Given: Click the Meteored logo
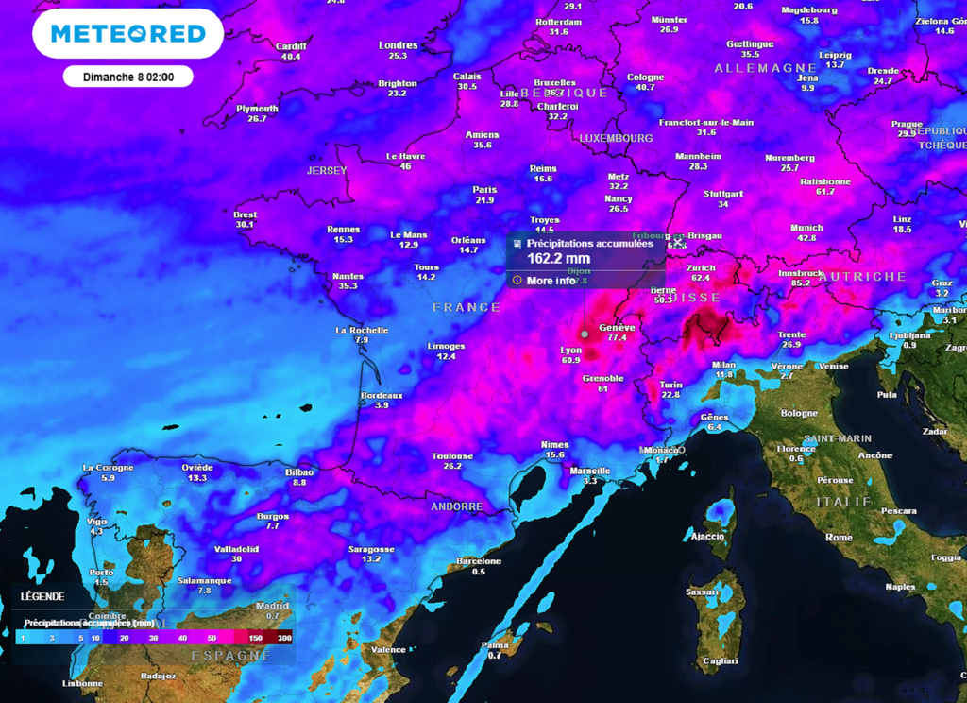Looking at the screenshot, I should [x=127, y=34].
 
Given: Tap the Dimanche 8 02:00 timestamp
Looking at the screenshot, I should [x=127, y=77].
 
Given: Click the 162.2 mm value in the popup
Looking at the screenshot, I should [x=558, y=258].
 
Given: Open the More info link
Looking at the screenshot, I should [x=551, y=281].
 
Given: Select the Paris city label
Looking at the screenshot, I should [x=484, y=190].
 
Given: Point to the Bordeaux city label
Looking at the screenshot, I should [x=382, y=395].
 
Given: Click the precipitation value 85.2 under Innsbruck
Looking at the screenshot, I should [x=801, y=283].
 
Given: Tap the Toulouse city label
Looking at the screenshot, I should [x=452, y=456].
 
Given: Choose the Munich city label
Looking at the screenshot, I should [x=806, y=228].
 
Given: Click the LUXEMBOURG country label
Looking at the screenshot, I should [x=616, y=138].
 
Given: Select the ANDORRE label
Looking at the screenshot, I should [x=456, y=507].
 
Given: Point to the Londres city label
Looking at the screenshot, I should [x=398, y=45].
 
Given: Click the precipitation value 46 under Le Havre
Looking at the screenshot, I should [x=406, y=166].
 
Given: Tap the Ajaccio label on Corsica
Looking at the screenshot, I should [x=707, y=536].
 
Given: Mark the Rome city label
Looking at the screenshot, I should [x=839, y=537].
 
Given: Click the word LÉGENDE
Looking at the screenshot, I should [x=42, y=596].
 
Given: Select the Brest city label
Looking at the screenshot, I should [x=245, y=214].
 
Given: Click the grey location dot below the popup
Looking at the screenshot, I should [x=585, y=334].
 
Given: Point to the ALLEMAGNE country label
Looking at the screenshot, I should [x=765, y=69].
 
